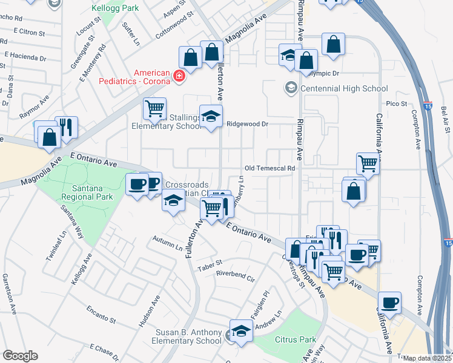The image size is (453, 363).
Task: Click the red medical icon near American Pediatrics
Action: coord(179,76)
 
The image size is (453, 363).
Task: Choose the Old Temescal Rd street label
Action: coord(269,168)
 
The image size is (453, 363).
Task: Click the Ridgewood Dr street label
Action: coord(247,123)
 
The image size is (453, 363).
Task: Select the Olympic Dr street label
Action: coord(323,73)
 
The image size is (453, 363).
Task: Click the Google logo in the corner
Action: coord(20,355)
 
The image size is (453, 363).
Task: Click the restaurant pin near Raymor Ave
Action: coord(66,127)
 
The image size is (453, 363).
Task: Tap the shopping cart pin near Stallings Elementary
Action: coord(155,109)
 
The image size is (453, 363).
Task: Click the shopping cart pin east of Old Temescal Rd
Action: coord(368,163)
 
